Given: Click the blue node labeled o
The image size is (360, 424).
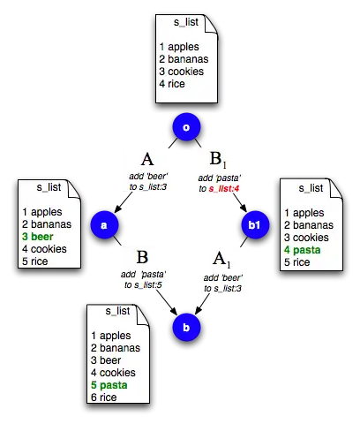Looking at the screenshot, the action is click(x=186, y=127).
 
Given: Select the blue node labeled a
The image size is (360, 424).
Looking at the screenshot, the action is click(x=104, y=225).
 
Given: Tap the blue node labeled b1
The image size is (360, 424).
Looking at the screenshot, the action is click(x=255, y=225).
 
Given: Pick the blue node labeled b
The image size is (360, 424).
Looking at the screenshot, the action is click(x=186, y=328).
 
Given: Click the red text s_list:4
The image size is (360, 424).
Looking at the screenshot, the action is click(x=224, y=188).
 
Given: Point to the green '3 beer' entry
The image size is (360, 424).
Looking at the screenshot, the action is click(x=38, y=237).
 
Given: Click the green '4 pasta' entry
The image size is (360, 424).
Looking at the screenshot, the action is click(x=303, y=250).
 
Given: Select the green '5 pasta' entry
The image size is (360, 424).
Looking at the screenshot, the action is click(x=109, y=385).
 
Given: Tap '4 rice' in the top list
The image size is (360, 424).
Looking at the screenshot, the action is click(x=172, y=84).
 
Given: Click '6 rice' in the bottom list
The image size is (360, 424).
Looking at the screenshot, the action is click(x=104, y=397).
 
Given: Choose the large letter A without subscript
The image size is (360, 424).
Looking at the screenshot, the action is click(x=147, y=159).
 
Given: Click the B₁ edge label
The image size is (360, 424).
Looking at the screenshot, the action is click(x=218, y=159).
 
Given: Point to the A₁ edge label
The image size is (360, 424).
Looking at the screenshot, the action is click(x=221, y=260).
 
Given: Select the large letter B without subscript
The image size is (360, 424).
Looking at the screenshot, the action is click(x=142, y=257).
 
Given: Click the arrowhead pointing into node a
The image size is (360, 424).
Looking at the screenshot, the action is click(x=117, y=208).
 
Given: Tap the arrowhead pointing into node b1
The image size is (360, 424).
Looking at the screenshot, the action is click(x=244, y=208).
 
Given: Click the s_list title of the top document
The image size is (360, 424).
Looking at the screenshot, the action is click(x=186, y=22).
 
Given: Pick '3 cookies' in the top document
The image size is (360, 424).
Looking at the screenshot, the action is click(x=182, y=72).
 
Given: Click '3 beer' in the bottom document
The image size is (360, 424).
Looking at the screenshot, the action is click(x=106, y=360).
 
